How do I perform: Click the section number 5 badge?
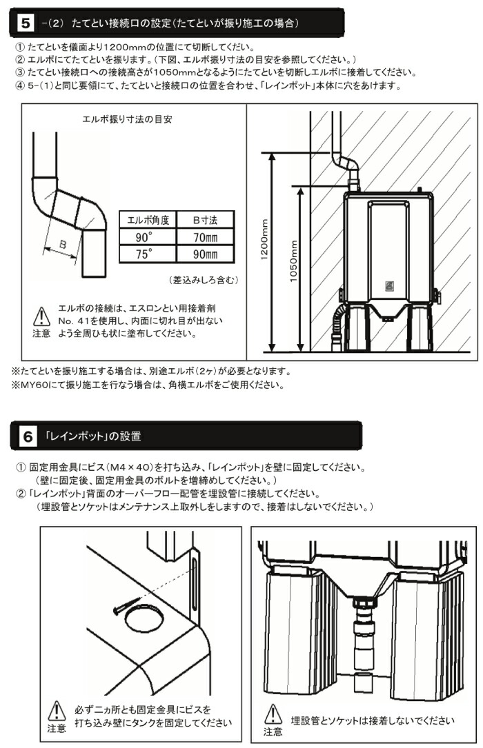point(24,23)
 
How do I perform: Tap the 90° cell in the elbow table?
point(146,238)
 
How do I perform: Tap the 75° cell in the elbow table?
point(146,254)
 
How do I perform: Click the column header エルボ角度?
point(146,221)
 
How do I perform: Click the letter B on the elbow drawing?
point(62,245)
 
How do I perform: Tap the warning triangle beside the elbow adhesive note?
point(40,316)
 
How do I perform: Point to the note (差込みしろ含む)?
point(203,280)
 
